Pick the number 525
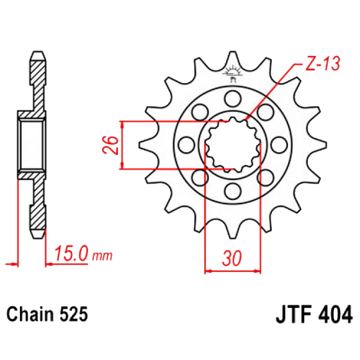(74, 313)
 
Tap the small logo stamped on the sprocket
(233, 72)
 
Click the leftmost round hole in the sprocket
(186, 144)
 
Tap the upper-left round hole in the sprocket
(199, 111)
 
